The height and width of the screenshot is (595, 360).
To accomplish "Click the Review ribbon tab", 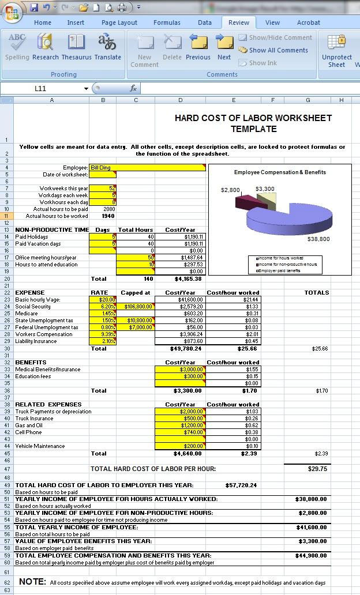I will [x=238, y=22].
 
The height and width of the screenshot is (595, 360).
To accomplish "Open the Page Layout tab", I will [x=119, y=22].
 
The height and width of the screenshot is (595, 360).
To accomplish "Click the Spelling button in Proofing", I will [x=17, y=47].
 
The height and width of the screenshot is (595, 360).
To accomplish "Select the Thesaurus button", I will [x=76, y=47].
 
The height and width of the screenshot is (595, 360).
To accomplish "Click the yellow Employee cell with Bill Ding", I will [x=148, y=167].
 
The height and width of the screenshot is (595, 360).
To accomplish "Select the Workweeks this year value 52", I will [x=103, y=188].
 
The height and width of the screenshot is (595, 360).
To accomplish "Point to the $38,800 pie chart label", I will [x=318, y=239].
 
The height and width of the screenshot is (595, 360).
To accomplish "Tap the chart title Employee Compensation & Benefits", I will [x=280, y=172].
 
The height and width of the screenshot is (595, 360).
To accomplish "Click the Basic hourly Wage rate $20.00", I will [x=103, y=299].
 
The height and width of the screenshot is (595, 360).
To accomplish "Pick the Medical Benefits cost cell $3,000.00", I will [x=180, y=369].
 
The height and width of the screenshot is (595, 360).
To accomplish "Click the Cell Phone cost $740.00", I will [x=180, y=432].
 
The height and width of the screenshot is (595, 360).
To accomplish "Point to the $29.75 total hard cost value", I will [x=317, y=469].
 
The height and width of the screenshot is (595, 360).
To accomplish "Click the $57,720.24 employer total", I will [x=241, y=485].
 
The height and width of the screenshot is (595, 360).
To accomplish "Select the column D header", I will [x=180, y=100].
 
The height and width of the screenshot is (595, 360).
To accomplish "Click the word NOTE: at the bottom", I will [x=32, y=582].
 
